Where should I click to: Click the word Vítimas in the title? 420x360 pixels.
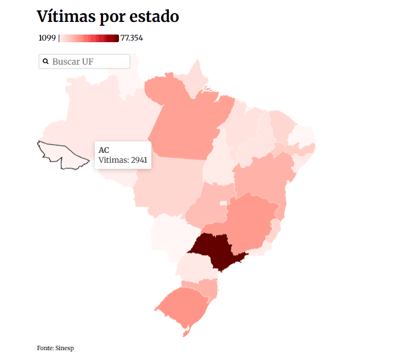click(66, 17)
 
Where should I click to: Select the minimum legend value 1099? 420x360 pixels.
click(47, 38)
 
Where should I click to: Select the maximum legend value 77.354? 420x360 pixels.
click(132, 38)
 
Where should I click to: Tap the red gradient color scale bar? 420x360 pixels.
click(89, 38)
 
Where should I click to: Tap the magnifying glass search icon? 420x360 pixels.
click(46, 61)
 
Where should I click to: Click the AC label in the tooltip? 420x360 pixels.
click(104, 150)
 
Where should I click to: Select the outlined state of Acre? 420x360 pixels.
click(60, 152)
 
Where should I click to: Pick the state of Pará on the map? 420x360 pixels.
click(184, 121)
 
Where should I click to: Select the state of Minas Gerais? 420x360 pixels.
click(249, 216)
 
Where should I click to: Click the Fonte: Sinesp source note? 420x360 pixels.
click(55, 348)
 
